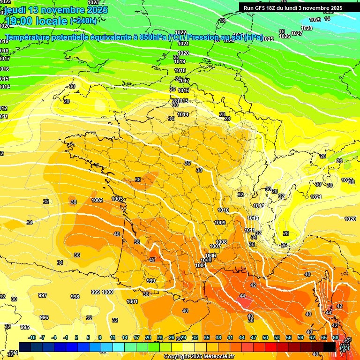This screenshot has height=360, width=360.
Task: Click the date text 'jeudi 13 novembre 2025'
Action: click(x=56, y=10)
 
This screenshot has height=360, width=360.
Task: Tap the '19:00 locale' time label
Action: click(x=37, y=21)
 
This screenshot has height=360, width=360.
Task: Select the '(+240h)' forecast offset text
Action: click(x=83, y=21)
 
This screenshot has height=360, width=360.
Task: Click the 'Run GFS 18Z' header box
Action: click(x=292, y=7)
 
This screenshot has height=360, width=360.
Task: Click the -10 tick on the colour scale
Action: click(x=32, y=337)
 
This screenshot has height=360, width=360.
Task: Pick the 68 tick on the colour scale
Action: click(x=336, y=337)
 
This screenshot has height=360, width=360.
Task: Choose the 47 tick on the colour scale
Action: click(x=254, y=337)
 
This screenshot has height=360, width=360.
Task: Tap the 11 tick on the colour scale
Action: click(x=112, y=337)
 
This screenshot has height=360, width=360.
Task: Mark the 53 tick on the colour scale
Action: click(x=277, y=337)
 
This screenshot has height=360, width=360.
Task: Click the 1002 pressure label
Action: click(x=97, y=200)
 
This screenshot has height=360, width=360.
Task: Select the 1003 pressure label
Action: click(x=117, y=199)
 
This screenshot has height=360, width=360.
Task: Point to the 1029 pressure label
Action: click(x=315, y=20)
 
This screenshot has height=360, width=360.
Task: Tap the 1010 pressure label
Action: click(x=223, y=210)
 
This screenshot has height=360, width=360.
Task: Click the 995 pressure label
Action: click(x=25, y=327)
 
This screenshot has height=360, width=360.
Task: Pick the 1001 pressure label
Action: click(x=132, y=301)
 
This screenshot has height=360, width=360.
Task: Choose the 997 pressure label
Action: click(x=43, y=295)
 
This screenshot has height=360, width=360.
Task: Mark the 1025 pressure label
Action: click(x=268, y=39)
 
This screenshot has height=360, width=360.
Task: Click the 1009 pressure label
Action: click(x=220, y=223)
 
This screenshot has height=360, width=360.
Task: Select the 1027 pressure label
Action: click(x=296, y=33)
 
